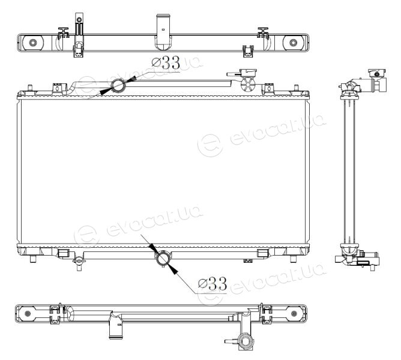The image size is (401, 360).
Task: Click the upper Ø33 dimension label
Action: (x=166, y=63)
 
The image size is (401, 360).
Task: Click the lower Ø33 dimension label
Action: (x=213, y=284)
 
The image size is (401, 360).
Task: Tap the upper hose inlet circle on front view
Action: (x=119, y=85)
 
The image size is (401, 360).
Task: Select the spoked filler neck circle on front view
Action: (x=249, y=84)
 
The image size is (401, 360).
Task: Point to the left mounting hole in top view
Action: (x=33, y=43)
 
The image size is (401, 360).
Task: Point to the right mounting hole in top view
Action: (x=293, y=43)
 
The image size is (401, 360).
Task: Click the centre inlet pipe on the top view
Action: (x=163, y=32)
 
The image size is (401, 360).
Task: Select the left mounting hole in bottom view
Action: (x=28, y=313)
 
